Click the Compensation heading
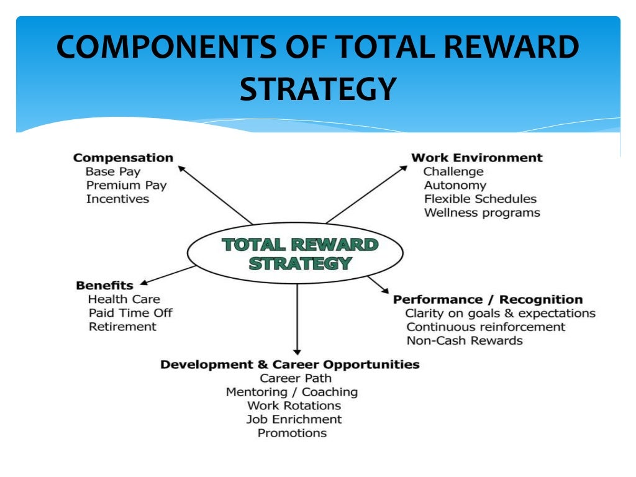(123, 158)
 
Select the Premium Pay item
(126, 185)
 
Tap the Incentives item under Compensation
(117, 199)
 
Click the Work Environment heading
(476, 158)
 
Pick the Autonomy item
(455, 185)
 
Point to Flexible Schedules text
(480, 199)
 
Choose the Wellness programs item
(482, 212)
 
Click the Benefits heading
(104, 286)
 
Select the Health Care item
(124, 299)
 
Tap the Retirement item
(122, 327)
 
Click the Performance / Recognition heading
(488, 300)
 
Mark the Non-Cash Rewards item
(465, 340)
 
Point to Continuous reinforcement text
(486, 327)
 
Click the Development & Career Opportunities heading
(289, 365)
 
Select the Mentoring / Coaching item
(291, 392)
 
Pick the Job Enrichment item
(294, 419)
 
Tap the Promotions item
(292, 433)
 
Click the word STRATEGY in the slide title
(317, 88)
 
